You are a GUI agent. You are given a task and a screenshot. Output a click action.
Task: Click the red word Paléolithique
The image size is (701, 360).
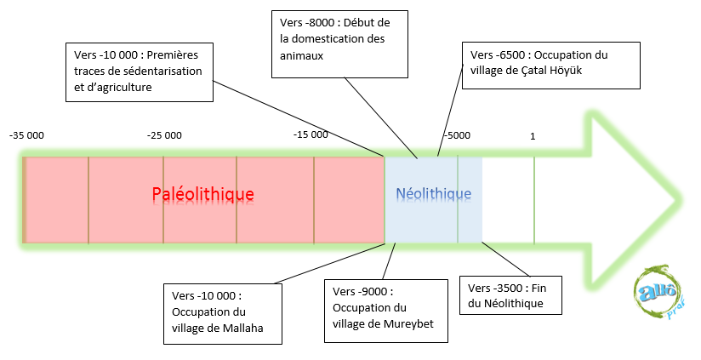point(203,194)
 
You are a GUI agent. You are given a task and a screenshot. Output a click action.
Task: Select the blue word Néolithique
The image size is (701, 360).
point(433,194)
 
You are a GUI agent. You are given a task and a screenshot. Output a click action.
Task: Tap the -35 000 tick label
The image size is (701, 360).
point(26,135)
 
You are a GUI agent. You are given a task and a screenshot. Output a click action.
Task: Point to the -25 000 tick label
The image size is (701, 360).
point(164,135)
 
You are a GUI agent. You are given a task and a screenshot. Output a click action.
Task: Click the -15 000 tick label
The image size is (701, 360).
point(311,135)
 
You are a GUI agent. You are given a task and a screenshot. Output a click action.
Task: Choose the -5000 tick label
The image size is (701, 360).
point(456,135)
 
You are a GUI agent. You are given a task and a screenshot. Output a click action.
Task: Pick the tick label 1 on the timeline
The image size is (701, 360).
point(533,135)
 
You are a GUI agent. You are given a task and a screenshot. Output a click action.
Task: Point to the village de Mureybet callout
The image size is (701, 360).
point(386,309)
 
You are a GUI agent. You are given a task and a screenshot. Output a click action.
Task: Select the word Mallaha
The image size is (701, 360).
point(241,326)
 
